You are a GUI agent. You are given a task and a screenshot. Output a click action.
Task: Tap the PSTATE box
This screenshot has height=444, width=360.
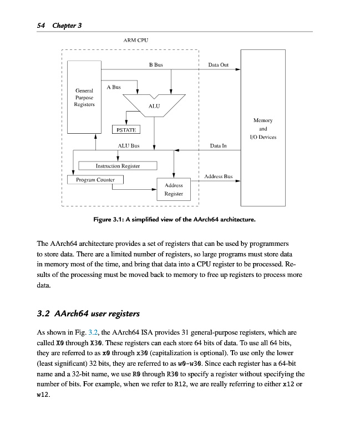126,129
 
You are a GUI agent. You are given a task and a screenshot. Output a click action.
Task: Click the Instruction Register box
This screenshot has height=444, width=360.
118,165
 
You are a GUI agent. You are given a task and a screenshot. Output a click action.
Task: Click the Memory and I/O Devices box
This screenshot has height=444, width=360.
262,128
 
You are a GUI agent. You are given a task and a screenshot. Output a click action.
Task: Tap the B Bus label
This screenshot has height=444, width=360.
156,65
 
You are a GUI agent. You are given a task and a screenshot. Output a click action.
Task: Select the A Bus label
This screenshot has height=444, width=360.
113,87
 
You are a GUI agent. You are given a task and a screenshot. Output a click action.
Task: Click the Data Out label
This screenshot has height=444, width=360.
218,65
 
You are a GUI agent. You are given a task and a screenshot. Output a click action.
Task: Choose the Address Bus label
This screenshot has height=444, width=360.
218,176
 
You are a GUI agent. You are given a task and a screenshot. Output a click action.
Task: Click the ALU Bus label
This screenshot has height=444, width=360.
129,145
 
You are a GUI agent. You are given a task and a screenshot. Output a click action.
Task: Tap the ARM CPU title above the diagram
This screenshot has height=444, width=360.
135,40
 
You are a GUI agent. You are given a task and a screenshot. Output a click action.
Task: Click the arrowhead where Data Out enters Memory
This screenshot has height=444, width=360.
237,70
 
